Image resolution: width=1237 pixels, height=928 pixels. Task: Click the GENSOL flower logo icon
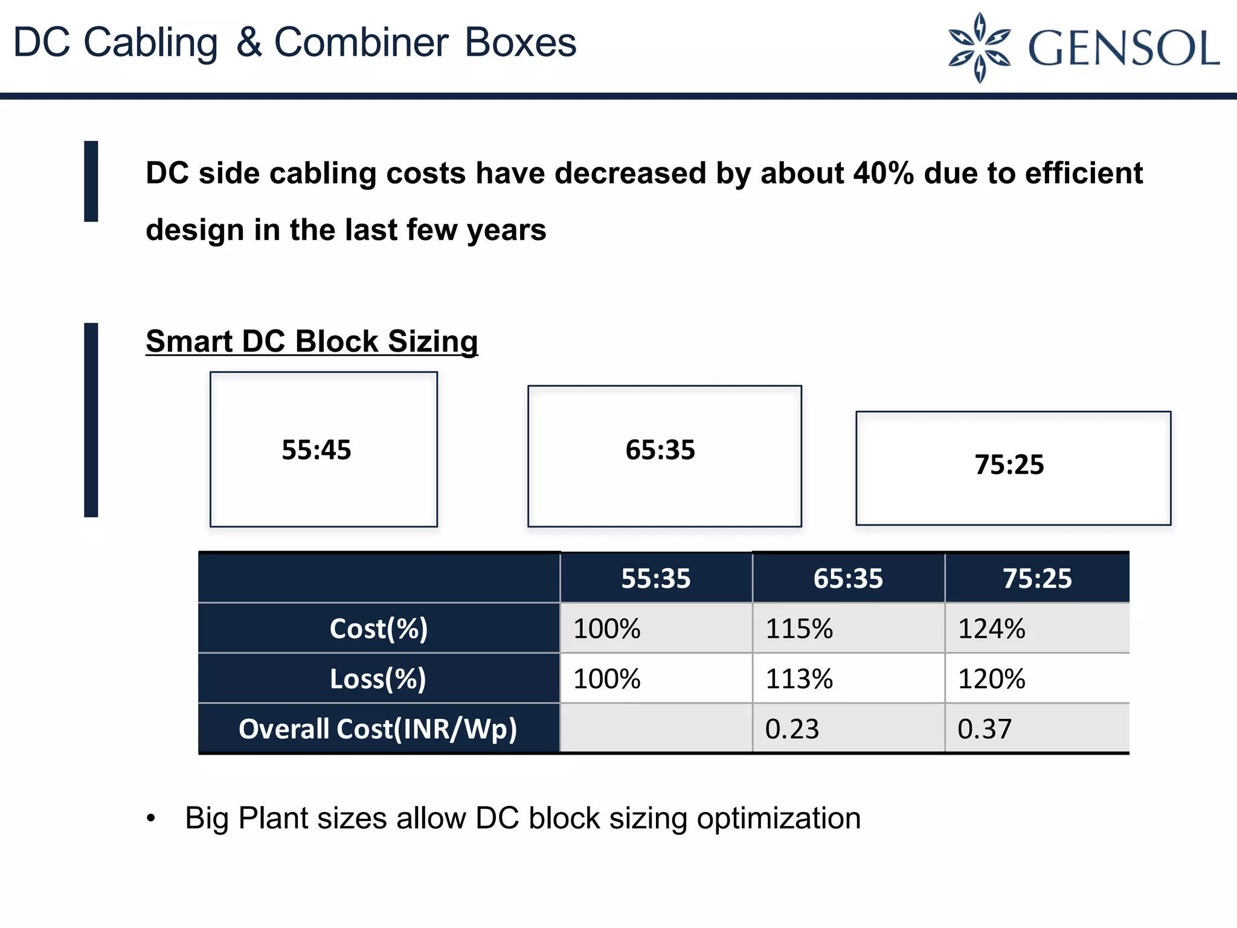(979, 47)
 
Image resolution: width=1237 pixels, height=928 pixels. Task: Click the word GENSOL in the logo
(1123, 48)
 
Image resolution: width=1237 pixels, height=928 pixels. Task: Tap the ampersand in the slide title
(249, 42)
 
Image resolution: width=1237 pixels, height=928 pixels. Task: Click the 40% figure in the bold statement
(883, 173)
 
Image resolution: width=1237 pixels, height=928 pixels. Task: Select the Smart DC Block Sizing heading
(312, 341)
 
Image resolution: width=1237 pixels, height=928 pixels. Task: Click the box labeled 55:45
(323, 449)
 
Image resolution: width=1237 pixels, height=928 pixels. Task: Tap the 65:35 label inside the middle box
(660, 450)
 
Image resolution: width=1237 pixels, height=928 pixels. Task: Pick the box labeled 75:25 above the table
(1013, 468)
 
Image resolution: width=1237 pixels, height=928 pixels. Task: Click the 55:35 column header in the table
(656, 578)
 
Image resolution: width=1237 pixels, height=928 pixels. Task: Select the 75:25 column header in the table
(1037, 578)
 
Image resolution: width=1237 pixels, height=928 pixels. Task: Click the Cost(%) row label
(379, 628)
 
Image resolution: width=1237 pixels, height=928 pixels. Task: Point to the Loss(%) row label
(378, 678)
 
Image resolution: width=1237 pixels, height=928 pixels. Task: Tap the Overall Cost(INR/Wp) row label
(378, 729)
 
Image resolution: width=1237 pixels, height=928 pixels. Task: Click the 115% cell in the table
(799, 629)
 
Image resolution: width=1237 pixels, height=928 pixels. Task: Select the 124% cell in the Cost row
(992, 629)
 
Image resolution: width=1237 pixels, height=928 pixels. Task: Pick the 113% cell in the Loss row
(799, 679)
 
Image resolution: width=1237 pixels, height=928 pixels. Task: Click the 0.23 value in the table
(792, 729)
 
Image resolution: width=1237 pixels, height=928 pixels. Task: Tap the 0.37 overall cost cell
(985, 729)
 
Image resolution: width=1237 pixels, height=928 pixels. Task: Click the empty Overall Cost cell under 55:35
(656, 729)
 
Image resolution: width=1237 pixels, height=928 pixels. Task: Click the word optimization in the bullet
(779, 819)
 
